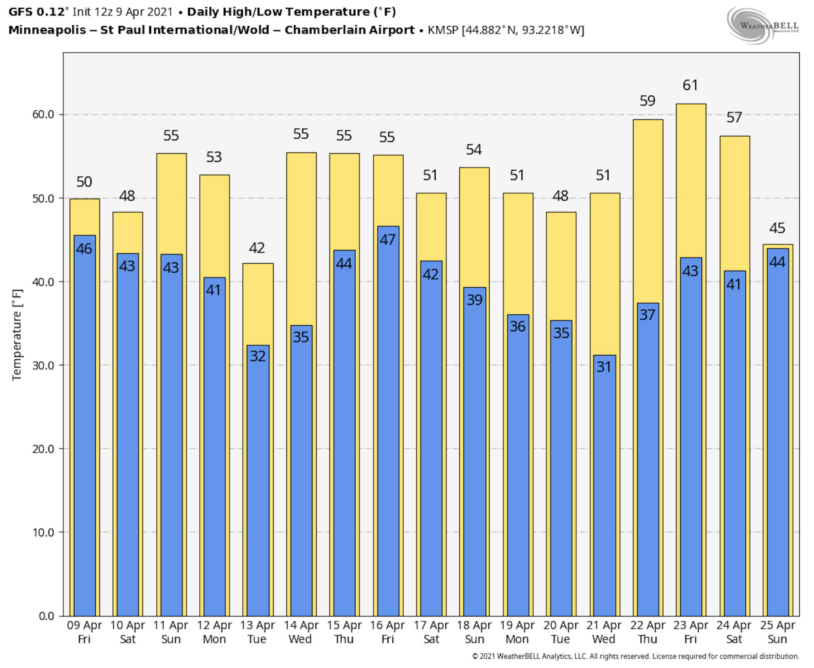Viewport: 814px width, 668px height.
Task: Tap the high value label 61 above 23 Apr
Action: pyautogui.click(x=690, y=85)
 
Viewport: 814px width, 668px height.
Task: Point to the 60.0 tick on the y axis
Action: pyautogui.click(x=43, y=115)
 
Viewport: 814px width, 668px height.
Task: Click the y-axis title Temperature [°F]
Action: pyautogui.click(x=17, y=335)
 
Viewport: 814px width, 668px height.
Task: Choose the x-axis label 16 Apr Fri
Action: pyautogui.click(x=387, y=632)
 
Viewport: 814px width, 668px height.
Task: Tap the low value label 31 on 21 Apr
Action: pyautogui.click(x=603, y=367)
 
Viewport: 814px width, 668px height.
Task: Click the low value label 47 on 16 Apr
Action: pyautogui.click(x=387, y=240)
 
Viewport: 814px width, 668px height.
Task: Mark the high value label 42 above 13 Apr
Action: pyautogui.click(x=257, y=248)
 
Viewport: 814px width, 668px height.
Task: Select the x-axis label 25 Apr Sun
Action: pyautogui.click(x=777, y=632)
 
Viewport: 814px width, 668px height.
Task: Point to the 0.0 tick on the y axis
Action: pyautogui.click(x=46, y=616)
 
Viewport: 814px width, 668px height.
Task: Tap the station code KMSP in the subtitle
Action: pyautogui.click(x=443, y=30)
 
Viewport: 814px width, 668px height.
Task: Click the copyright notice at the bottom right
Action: pyautogui.click(x=635, y=656)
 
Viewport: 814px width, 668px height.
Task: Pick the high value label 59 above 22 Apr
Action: pyautogui.click(x=647, y=101)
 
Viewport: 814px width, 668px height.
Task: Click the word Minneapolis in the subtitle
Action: pyautogui.click(x=47, y=30)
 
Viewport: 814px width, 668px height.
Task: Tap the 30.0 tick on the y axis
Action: pyautogui.click(x=43, y=365)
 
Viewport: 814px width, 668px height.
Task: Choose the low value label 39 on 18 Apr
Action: pyautogui.click(x=474, y=300)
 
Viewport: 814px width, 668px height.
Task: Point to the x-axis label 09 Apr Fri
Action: pyautogui.click(x=84, y=632)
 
